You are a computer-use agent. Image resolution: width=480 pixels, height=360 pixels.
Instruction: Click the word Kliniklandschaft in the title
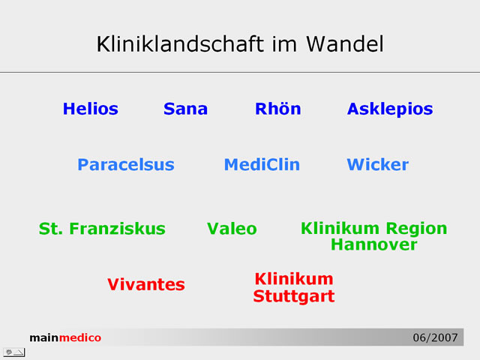180,44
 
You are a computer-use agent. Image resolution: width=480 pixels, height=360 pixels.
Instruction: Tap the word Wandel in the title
345,44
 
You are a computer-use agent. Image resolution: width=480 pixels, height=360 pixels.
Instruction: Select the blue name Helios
90,109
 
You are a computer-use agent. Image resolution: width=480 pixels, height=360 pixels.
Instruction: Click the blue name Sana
185,109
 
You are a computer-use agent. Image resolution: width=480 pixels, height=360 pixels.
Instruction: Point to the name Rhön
278,109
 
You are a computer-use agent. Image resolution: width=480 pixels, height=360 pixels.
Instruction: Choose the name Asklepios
390,109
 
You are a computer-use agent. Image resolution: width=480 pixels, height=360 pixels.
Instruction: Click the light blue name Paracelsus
126,164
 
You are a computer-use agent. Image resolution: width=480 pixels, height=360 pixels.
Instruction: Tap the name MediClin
262,164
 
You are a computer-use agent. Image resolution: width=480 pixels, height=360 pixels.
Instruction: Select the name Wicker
377,164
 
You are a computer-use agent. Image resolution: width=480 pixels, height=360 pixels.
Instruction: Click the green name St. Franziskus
102,229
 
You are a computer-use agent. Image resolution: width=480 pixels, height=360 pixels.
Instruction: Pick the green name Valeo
232,229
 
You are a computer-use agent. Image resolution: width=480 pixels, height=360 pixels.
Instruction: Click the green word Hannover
373,244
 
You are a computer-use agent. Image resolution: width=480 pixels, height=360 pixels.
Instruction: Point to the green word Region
416,229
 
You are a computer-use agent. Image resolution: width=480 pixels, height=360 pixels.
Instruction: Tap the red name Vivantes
146,284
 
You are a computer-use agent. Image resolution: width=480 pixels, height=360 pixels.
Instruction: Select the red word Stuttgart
294,297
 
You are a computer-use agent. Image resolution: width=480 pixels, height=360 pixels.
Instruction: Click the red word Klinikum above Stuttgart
294,279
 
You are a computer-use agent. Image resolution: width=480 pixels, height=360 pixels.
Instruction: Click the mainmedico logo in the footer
65,337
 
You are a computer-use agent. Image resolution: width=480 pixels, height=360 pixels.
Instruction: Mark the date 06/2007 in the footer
435,337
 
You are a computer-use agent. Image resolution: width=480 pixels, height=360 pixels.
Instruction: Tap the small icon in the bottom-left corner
14,352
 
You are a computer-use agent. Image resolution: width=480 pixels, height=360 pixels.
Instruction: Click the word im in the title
284,44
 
